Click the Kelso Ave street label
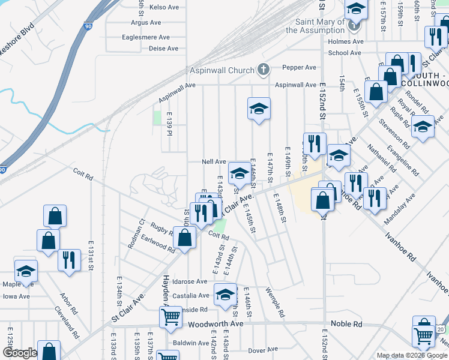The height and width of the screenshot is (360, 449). tap(164, 7)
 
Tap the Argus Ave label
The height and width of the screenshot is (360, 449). tap(146, 22)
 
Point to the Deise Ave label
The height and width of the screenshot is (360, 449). tap(163, 49)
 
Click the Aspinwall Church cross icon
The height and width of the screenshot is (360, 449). tap(262, 70)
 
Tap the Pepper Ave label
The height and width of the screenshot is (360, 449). tap(302, 67)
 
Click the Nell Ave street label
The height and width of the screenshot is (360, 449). tap(214, 162)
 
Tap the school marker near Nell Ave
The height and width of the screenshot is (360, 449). tap(240, 173)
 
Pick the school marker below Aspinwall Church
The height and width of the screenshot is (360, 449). tap(259, 109)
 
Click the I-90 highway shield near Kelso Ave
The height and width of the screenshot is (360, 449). tap(88, 26)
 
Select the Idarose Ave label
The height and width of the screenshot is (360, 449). tap(190, 281)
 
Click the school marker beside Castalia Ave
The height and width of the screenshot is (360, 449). tap(226, 295)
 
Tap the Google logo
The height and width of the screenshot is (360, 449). tap(20, 353)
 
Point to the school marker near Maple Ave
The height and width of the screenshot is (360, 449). tap(26, 271)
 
